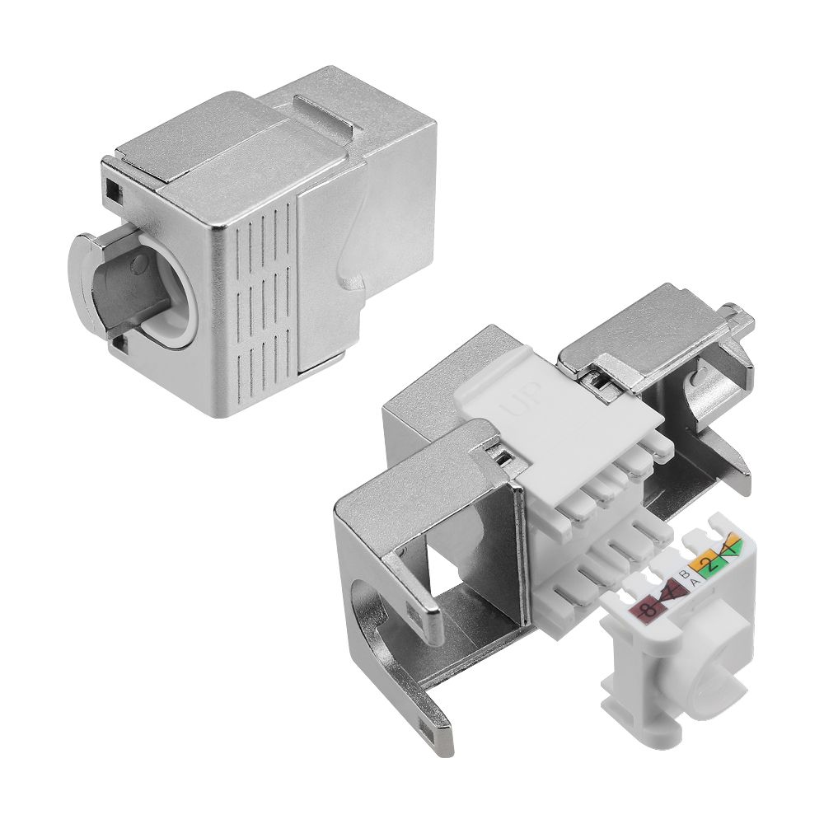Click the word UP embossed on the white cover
point(522,405)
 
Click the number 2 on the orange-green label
point(708,564)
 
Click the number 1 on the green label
point(730,547)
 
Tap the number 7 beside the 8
point(671,592)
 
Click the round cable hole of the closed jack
point(157,284)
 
